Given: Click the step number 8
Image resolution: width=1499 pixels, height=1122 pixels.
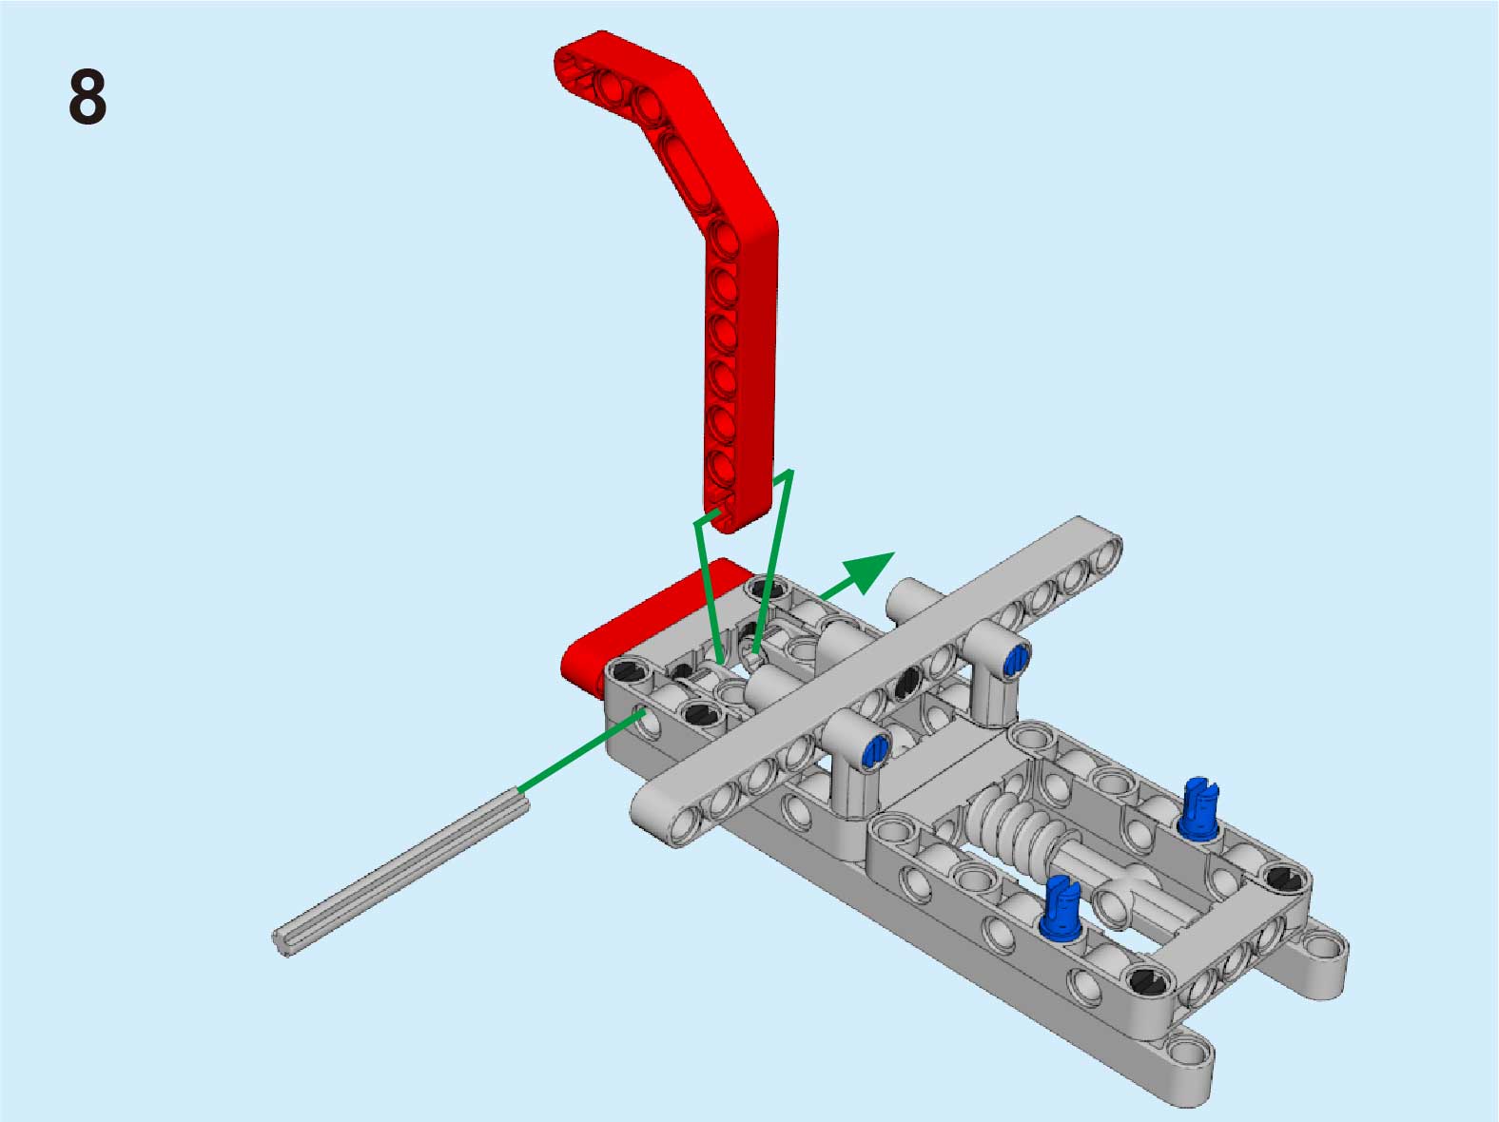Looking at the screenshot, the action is [x=88, y=96].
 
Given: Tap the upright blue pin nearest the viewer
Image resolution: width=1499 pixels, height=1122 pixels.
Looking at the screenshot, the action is [x=1061, y=908].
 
